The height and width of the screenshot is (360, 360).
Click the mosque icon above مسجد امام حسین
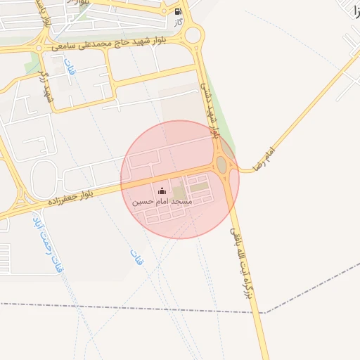pos(162,191)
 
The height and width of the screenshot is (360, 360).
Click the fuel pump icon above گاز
pos(178,11)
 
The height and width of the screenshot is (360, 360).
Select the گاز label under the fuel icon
pos(179,22)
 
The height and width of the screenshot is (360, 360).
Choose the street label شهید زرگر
pos(47,84)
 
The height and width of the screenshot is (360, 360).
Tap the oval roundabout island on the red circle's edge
pos(221,165)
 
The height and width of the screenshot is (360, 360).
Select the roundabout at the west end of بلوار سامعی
pos(39,48)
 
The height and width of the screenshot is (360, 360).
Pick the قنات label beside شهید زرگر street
pos(69,70)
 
